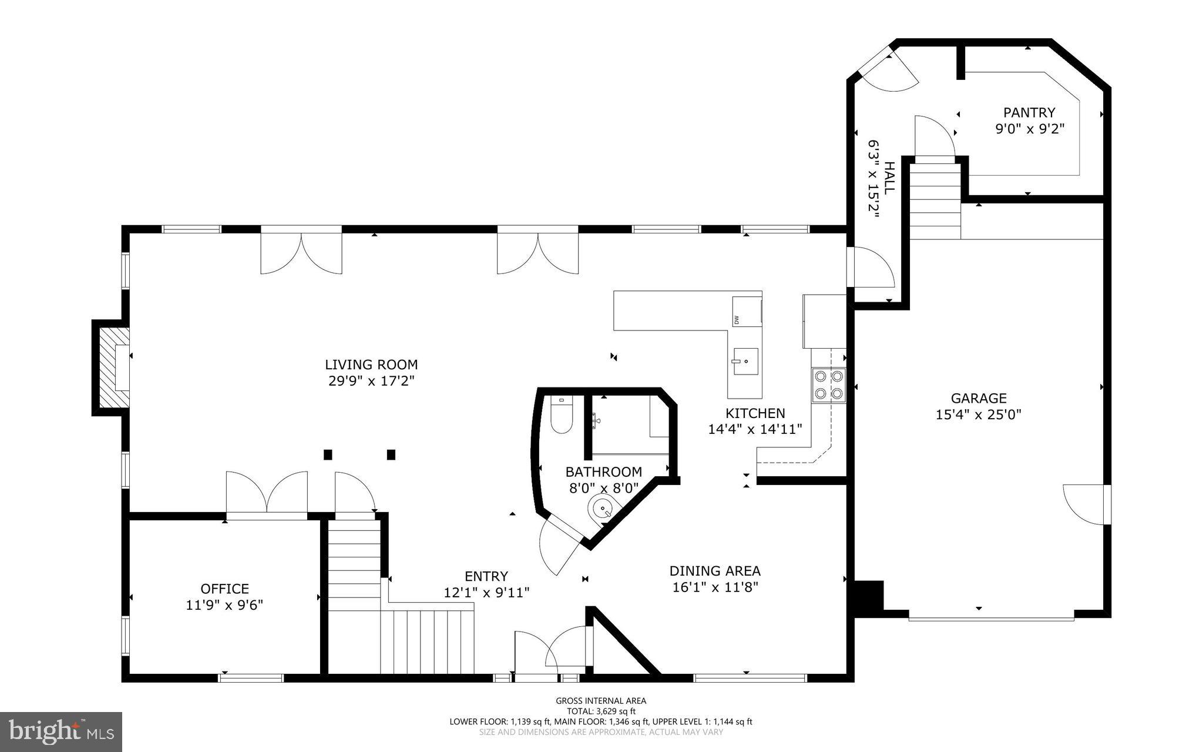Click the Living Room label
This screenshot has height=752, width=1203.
tap(371, 365)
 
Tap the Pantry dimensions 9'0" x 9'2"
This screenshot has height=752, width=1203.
tap(1029, 129)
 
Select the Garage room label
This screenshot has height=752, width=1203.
tap(978, 398)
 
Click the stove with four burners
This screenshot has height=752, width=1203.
tap(828, 385)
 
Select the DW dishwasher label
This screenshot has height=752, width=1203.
tap(736, 320)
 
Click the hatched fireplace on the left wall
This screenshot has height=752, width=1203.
tap(113, 367)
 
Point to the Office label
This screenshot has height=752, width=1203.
tap(224, 589)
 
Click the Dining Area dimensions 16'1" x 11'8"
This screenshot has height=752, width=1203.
tap(715, 587)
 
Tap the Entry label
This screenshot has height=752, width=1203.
tap(486, 576)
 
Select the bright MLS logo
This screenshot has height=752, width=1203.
tap(61, 731)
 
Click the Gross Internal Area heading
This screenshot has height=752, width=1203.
tap(601, 700)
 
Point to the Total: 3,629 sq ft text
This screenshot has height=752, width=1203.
tap(601, 711)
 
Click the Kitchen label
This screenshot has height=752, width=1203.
tap(755, 413)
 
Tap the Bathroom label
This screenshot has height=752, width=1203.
tap(603, 472)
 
